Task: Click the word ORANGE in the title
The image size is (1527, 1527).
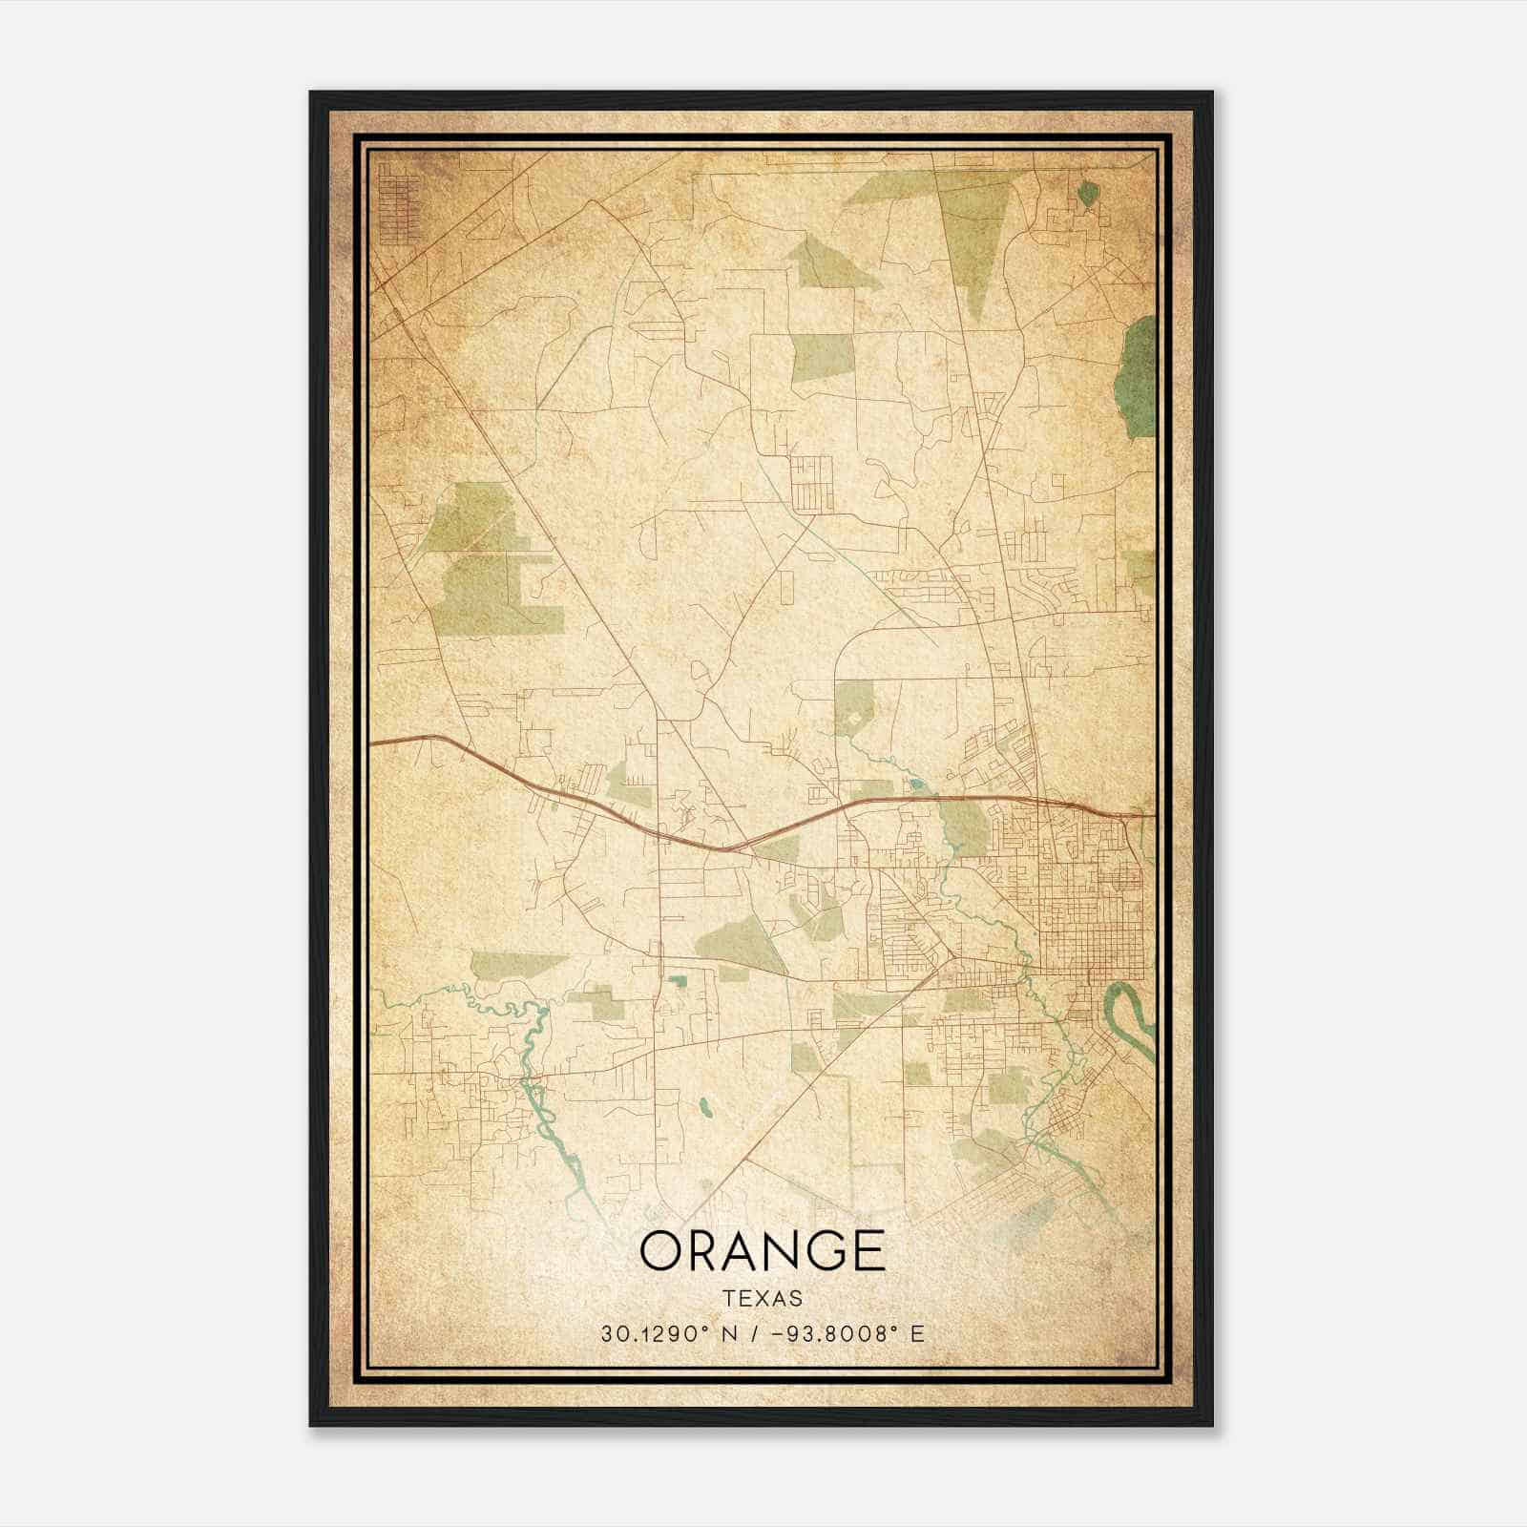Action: [x=762, y=1250]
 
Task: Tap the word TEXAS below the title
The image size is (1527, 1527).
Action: [x=762, y=1298]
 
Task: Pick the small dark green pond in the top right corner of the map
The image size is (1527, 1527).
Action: [x=1087, y=194]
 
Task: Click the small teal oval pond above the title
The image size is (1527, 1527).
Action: [x=705, y=1107]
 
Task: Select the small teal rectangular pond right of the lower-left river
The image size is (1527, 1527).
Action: [x=679, y=980]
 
